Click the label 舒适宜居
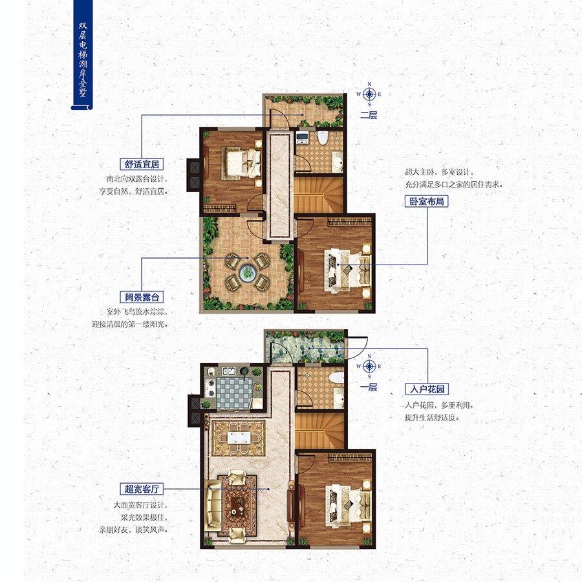coord(140,164)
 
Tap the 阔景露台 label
coord(140,297)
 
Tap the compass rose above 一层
coord(369,367)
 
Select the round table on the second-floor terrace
coord(246,273)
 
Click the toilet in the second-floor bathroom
coord(322,137)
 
